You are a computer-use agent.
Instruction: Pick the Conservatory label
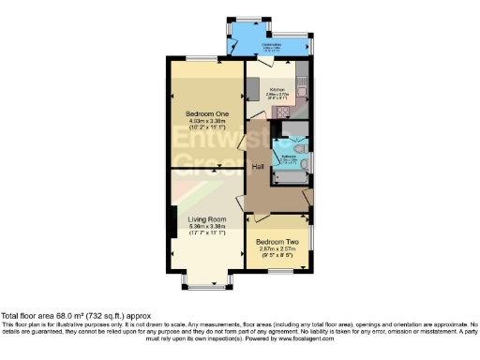272,44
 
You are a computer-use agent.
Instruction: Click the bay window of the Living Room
205,280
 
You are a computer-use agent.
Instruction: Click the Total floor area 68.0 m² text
75,317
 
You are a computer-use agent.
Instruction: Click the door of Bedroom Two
253,219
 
